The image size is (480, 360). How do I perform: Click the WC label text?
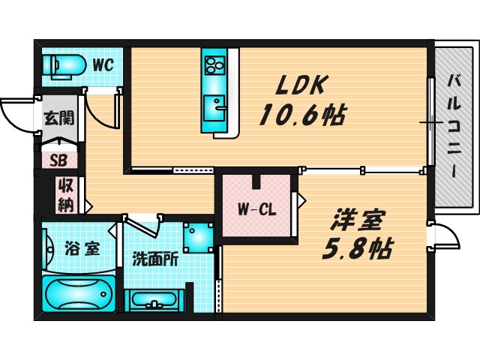pyautogui.click(x=103, y=65)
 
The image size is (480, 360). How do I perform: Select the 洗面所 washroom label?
pyautogui.click(x=154, y=259)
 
